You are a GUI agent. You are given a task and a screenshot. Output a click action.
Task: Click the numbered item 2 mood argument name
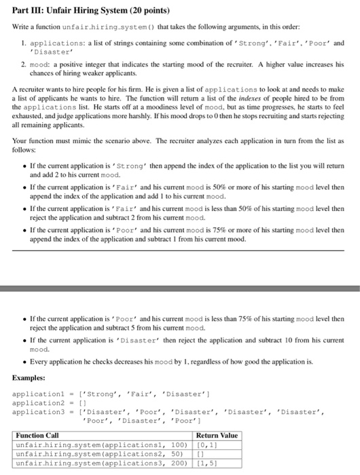click(x=41, y=64)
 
